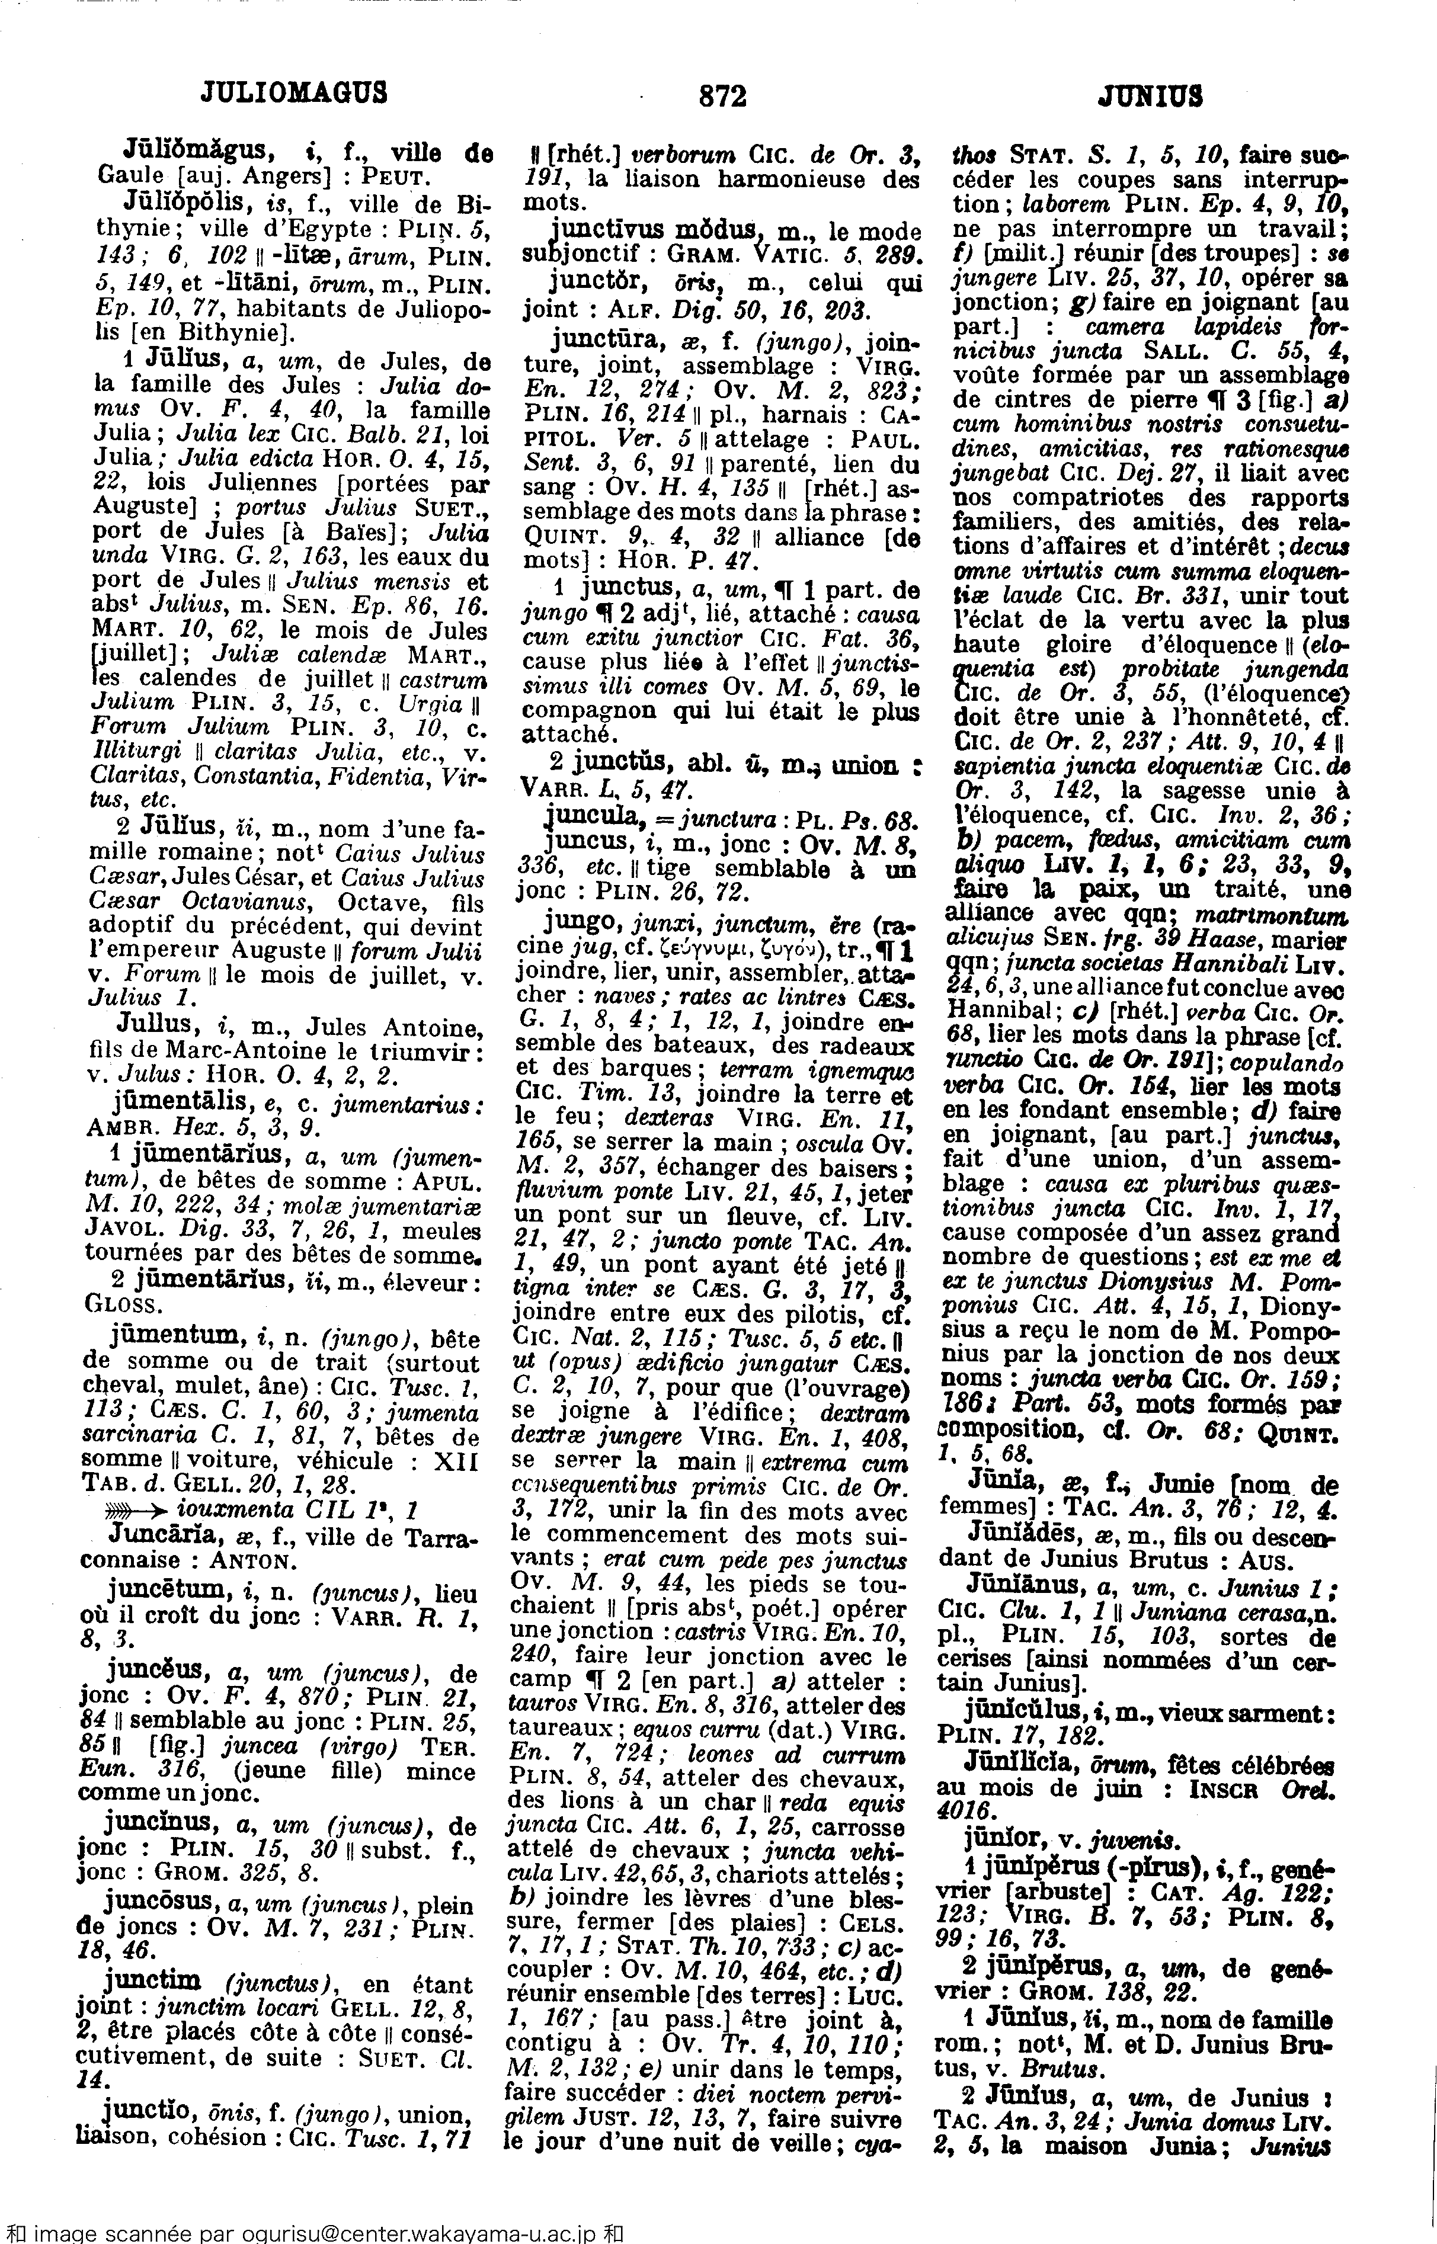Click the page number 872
[721, 95]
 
